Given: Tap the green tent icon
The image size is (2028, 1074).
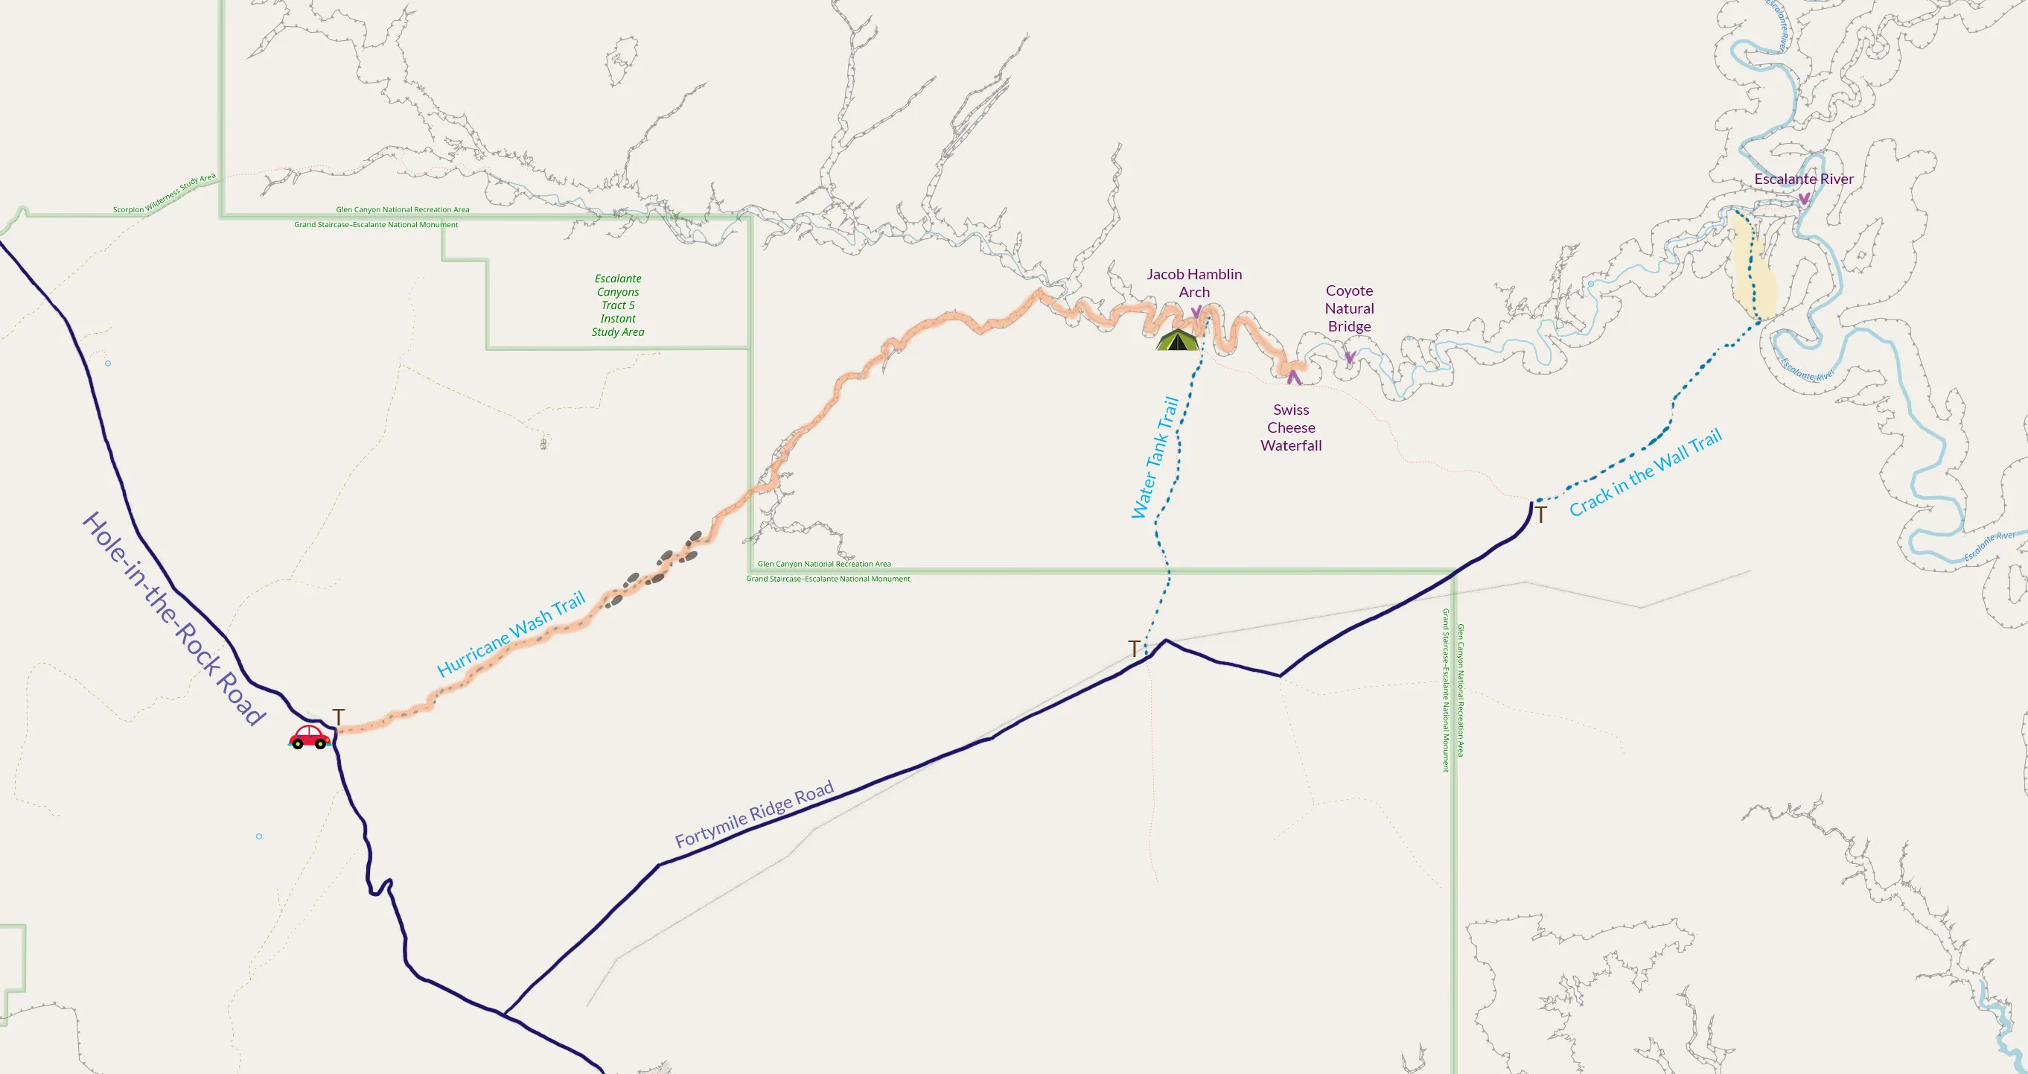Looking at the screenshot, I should click(1177, 340).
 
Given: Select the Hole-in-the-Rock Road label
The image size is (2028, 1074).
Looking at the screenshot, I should click(173, 618).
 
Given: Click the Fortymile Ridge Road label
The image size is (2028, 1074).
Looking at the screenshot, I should click(753, 814).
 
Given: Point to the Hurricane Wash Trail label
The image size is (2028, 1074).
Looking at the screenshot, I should click(511, 634).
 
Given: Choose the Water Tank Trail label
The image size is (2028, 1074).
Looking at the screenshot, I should click(1155, 457).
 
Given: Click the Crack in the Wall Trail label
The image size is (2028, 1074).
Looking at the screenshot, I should click(1645, 472).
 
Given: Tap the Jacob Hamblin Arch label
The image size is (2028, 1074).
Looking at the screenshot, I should click(1193, 283).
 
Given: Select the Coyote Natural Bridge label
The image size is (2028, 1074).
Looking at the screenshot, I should click(1348, 308).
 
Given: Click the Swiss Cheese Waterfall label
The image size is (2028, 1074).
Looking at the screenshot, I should click(1290, 428).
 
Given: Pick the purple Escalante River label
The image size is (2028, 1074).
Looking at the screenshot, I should click(1803, 179).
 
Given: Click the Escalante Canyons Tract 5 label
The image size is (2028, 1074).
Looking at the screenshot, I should click(618, 305).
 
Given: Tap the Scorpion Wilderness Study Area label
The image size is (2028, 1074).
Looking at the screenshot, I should click(164, 194).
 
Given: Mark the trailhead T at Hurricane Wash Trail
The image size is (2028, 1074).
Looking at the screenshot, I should click(339, 716).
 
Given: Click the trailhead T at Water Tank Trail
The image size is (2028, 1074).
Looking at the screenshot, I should click(1134, 648).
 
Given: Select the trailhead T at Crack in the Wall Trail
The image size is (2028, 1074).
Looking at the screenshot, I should click(1540, 515).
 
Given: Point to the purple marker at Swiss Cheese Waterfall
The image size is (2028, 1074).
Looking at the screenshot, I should click(1293, 377).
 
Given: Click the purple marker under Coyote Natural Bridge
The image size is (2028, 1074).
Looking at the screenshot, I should click(1349, 358).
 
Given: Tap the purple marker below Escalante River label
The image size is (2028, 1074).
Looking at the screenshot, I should click(1804, 198).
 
